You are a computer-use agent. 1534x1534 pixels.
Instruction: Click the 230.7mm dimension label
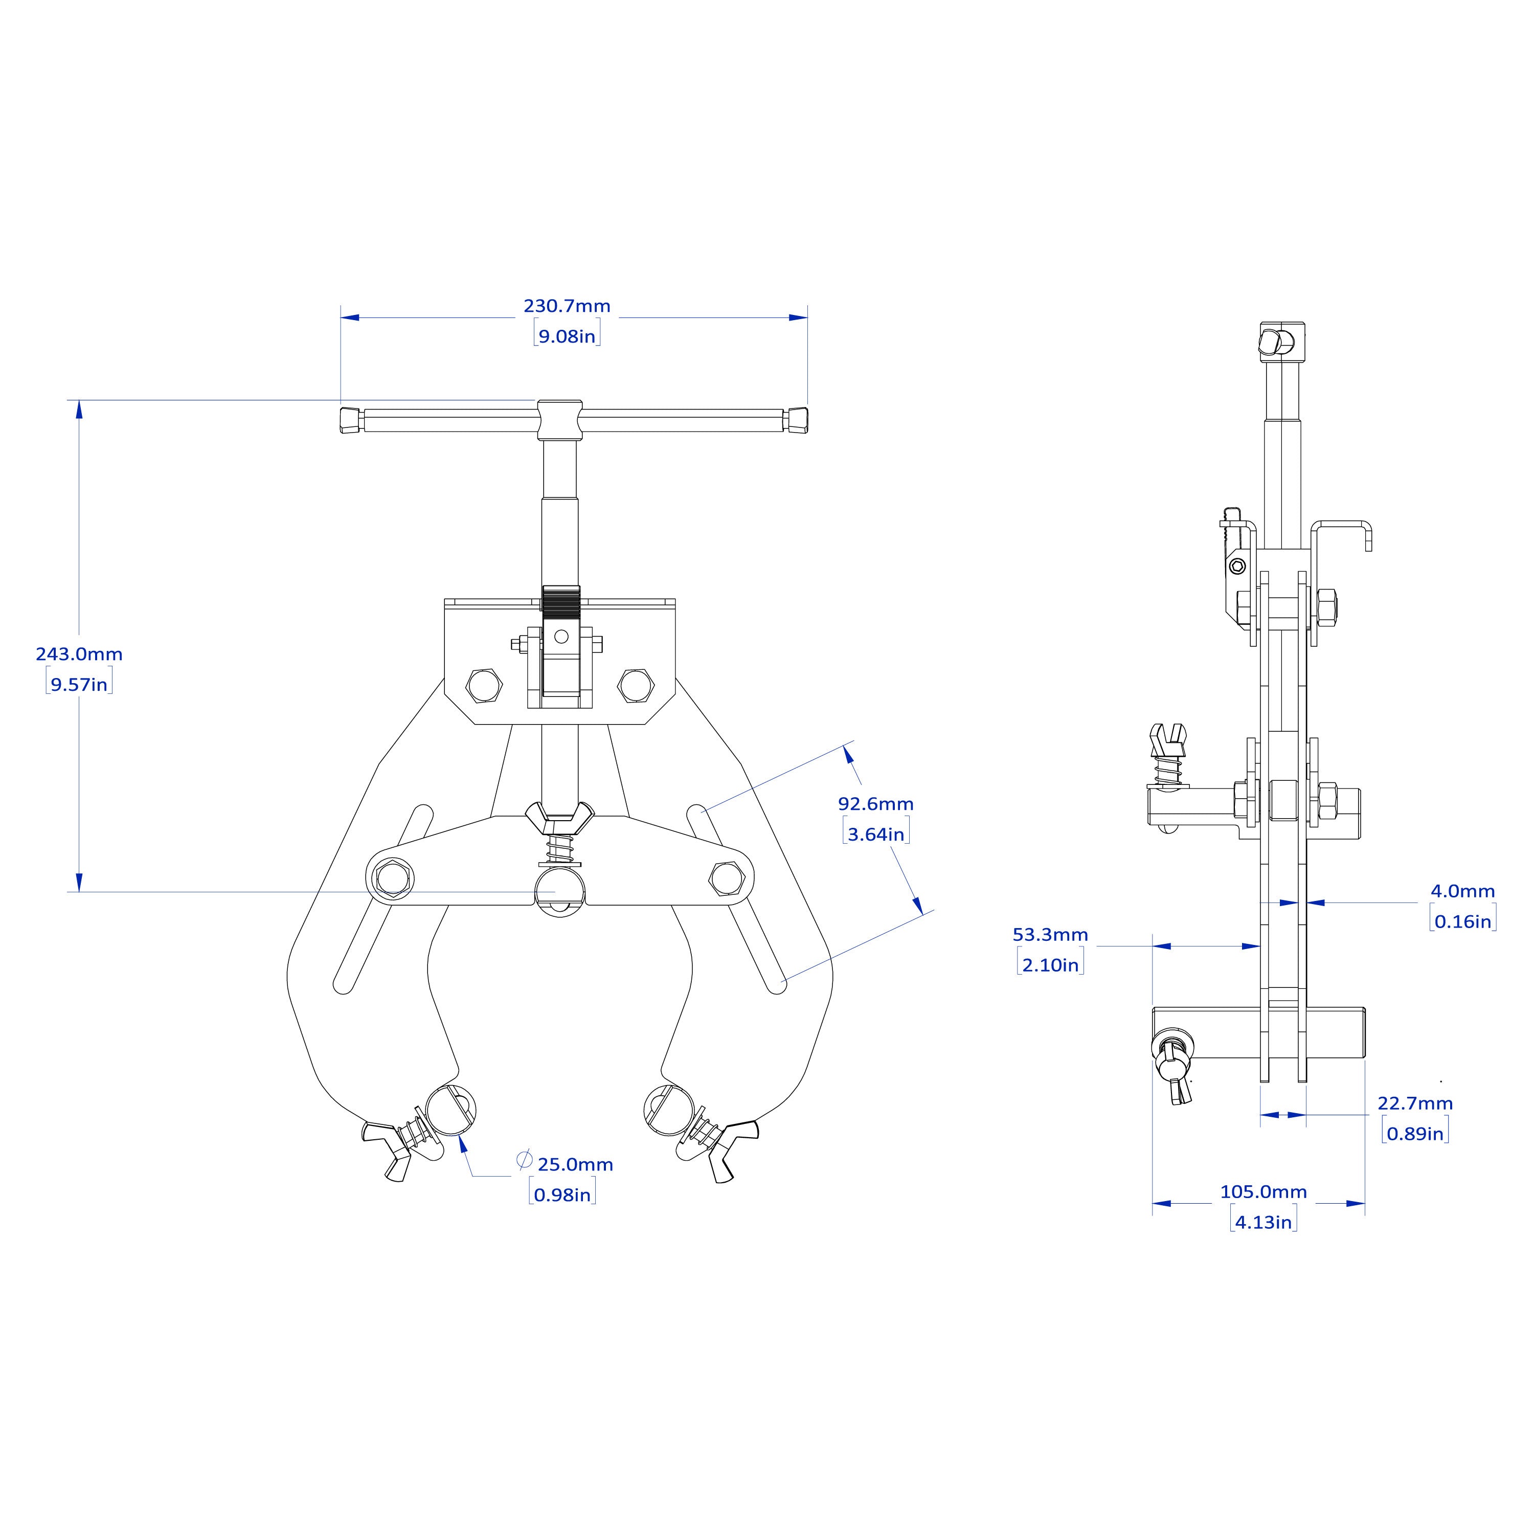[x=567, y=306]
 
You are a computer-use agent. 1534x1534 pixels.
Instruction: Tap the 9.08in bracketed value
[x=567, y=336]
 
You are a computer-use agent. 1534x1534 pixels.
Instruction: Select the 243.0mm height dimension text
[x=79, y=655]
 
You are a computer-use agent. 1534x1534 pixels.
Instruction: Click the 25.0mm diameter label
[x=576, y=1165]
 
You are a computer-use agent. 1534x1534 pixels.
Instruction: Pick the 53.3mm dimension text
[x=1050, y=935]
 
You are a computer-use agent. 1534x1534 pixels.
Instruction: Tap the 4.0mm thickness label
[x=1462, y=891]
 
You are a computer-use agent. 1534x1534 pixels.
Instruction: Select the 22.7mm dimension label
[x=1415, y=1103]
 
